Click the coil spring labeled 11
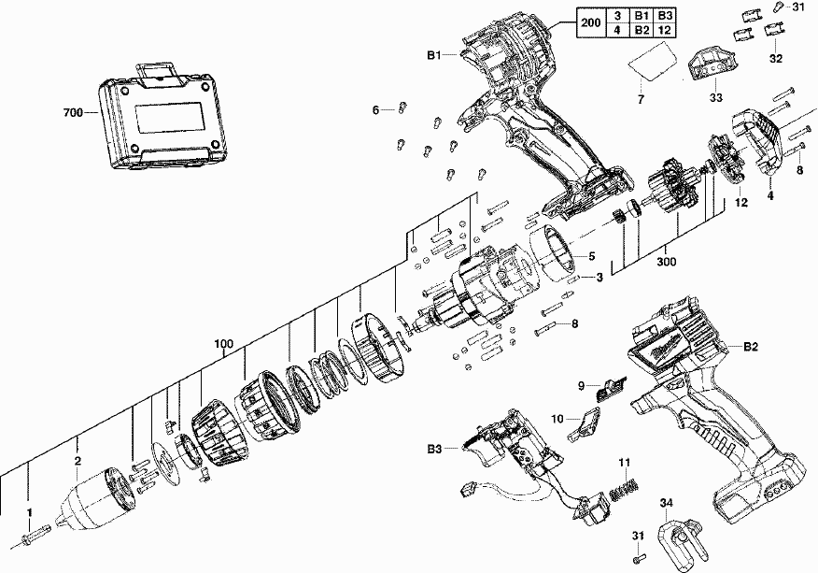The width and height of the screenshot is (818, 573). point(623,488)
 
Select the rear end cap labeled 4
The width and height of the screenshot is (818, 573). point(761,140)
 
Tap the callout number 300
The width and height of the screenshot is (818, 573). point(667,262)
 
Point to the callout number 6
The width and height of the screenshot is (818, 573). point(376,110)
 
